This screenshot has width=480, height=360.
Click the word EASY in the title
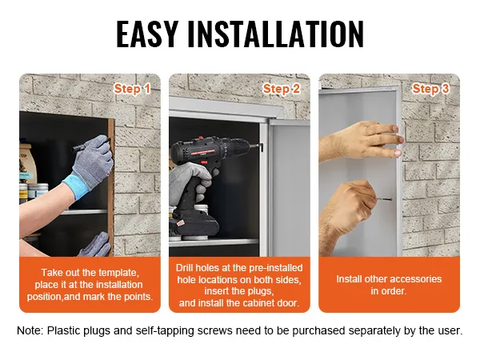click(x=147, y=34)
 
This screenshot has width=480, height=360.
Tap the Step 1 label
click(x=132, y=89)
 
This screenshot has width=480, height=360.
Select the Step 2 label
click(x=281, y=89)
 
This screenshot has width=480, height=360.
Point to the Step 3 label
click(x=430, y=89)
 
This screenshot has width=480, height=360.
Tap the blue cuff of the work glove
click(x=75, y=186)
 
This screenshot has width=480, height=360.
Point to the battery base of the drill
click(x=194, y=224)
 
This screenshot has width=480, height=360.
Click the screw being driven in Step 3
click(x=384, y=199)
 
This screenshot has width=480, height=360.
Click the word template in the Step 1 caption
click(x=118, y=273)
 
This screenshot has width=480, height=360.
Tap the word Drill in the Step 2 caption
click(x=184, y=268)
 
